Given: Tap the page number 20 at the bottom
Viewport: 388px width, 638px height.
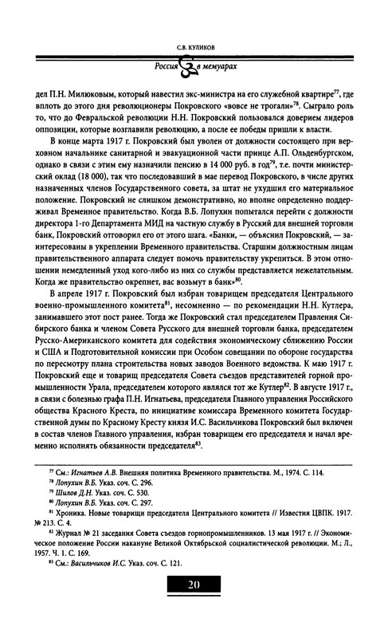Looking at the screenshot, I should click(x=194, y=605).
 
